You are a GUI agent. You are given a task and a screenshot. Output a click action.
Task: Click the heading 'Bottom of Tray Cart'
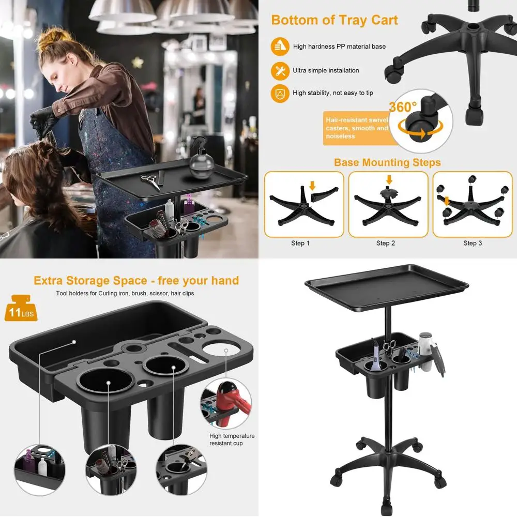click(334, 20)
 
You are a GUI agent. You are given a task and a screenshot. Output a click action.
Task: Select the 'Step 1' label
click(300, 243)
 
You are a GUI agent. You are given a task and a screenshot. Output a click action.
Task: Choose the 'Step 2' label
click(386, 243)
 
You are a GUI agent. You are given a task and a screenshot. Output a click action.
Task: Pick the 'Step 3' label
click(473, 243)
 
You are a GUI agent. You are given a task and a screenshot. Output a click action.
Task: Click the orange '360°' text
click(403, 108)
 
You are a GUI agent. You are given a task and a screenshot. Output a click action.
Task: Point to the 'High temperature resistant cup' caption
click(232, 439)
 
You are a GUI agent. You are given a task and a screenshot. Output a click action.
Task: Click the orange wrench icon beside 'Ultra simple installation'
click(280, 71)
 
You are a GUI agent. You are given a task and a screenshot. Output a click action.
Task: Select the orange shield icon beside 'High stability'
click(280, 94)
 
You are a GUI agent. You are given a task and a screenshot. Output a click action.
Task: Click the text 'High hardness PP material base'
click(339, 47)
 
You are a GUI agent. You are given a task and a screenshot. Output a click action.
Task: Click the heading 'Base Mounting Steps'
click(387, 163)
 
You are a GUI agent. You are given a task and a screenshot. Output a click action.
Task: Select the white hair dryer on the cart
click(425, 345)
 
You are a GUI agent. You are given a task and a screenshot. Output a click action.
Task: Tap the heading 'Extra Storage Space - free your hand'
click(136, 281)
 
